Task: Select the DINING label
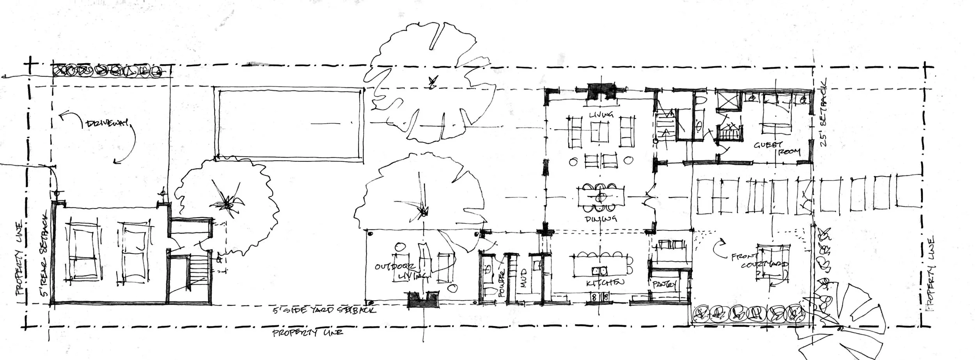click(601, 219)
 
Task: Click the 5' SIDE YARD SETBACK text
click(325, 310)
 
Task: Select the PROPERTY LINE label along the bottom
click(308, 333)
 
